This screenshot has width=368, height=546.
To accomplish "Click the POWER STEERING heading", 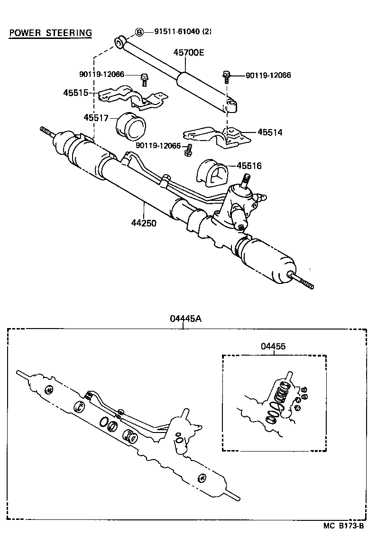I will (x=50, y=33).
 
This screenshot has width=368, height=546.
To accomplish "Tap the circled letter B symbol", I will (x=139, y=32).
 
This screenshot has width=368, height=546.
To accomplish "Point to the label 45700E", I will (x=188, y=53).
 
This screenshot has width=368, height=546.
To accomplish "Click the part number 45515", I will (x=76, y=93).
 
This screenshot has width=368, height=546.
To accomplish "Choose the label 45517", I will (x=97, y=117).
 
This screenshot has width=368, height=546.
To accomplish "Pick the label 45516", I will (x=249, y=166).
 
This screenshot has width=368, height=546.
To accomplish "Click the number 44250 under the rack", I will (x=144, y=222).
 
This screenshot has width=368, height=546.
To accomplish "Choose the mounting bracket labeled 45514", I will (x=216, y=137).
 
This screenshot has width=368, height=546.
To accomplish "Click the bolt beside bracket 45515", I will (x=144, y=79).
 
